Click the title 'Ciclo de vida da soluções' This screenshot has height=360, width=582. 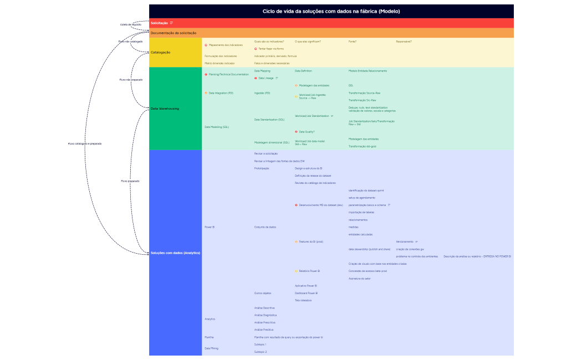click(331, 11)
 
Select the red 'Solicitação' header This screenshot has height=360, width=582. click(159, 23)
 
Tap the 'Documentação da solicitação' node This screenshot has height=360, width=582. click(173, 33)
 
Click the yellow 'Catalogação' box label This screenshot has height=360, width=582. click(161, 53)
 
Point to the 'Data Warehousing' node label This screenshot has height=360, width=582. click(165, 109)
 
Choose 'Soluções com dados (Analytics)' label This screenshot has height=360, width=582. click(175, 253)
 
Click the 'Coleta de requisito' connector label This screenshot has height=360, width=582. click(131, 25)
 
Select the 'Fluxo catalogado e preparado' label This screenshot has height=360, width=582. click(85, 143)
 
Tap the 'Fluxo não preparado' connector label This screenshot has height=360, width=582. click(131, 80)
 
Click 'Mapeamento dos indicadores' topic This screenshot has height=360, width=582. click(225, 45)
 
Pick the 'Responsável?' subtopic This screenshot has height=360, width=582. click(404, 42)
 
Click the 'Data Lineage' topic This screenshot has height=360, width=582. click(266, 78)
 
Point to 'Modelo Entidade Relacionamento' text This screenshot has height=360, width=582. click(367, 71)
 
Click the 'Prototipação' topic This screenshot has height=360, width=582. click(262, 168)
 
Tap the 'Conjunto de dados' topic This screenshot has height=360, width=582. click(265, 227)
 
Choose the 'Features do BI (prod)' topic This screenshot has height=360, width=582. click(311, 241)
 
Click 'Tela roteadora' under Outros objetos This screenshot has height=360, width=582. click(303, 300)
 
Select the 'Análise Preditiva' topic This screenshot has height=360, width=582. click(264, 330)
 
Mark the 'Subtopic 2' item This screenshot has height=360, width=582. click(260, 352)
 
